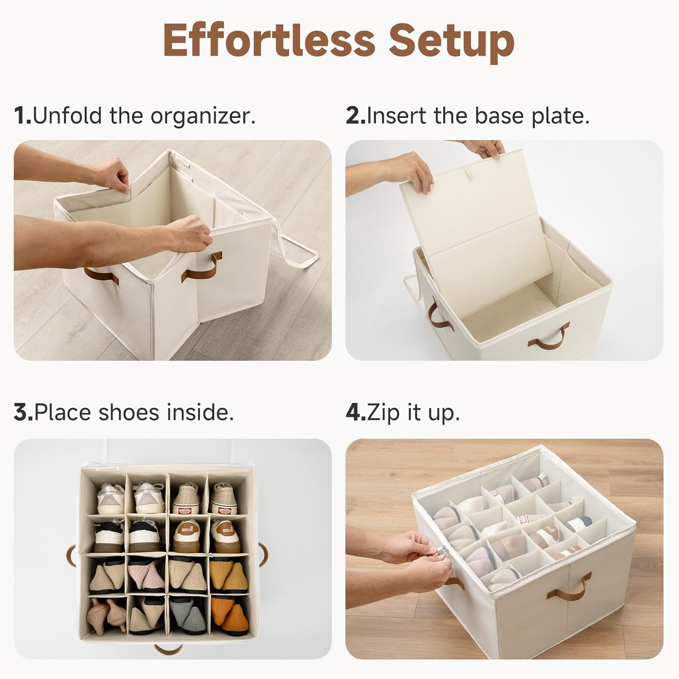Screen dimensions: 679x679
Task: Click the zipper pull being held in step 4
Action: coord(445,551)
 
